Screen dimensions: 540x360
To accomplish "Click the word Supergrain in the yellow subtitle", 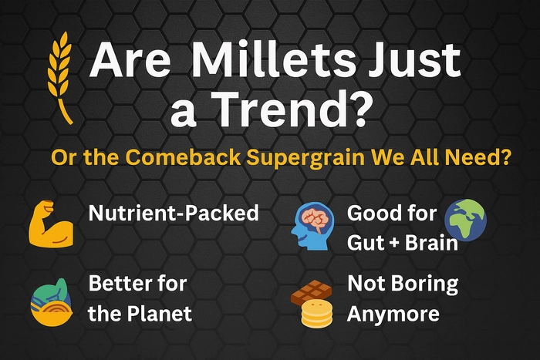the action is [305, 157].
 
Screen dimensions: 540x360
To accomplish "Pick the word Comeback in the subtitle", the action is [183, 157].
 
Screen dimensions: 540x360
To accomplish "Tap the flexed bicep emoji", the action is [51, 224].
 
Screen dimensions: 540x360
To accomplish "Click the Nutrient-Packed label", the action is [174, 213].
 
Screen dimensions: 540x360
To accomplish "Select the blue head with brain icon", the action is [312, 226].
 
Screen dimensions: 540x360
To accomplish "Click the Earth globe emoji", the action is [466, 220].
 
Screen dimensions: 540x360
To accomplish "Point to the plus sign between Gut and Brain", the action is [395, 243].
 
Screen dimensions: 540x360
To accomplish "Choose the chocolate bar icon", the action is [312, 292].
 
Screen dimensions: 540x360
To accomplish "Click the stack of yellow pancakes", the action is [317, 313].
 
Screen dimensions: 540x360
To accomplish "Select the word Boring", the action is [425, 284].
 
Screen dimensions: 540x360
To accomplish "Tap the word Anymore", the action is [393, 314].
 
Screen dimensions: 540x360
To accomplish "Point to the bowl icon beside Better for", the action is [52, 302].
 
